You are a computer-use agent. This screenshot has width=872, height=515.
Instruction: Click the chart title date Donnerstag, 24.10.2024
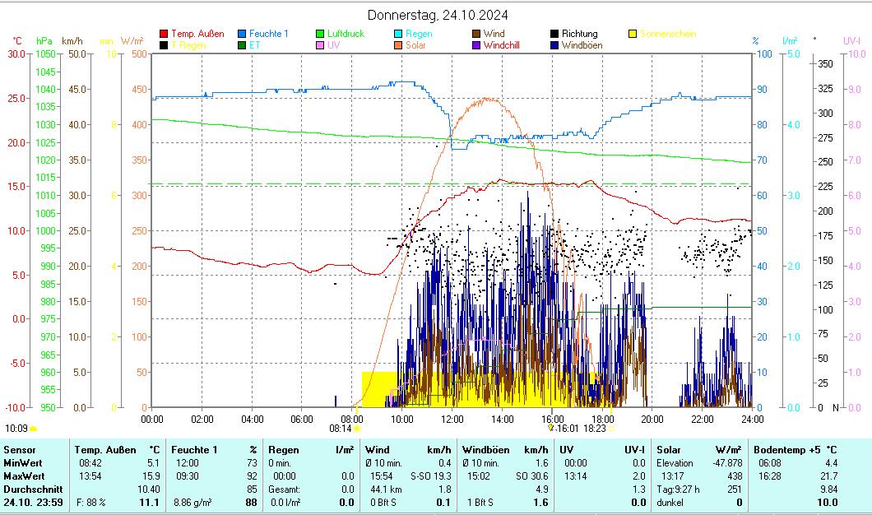[x=437, y=15]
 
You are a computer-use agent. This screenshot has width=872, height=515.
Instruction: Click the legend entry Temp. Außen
[x=194, y=34]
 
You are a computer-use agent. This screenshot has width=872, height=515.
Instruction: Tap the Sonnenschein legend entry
[x=667, y=34]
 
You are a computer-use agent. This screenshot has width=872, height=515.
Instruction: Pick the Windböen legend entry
[x=582, y=45]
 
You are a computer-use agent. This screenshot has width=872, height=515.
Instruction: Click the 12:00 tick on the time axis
[x=452, y=419]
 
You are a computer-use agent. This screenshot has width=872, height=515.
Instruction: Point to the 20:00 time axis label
[x=652, y=419]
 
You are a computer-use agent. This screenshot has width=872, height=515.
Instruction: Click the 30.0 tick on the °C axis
[x=16, y=54]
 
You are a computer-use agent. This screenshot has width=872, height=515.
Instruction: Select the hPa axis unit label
[x=44, y=40]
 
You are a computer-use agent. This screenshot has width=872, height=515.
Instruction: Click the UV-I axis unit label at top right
[x=851, y=40]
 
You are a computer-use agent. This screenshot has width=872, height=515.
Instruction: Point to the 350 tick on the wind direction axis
[x=826, y=63]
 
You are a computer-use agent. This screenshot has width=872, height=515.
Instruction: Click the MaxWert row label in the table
[x=24, y=476]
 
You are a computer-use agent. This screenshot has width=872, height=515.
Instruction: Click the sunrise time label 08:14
[x=341, y=428]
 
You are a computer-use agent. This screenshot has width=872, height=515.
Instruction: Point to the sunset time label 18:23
[x=594, y=428]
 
